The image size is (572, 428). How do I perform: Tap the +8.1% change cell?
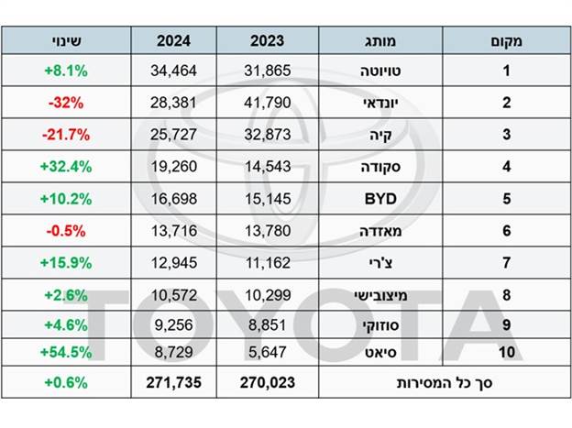[65, 70]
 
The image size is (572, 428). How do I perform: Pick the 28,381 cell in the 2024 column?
[173, 103]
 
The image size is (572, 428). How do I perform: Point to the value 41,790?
[268, 103]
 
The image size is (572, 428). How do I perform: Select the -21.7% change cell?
[65, 135]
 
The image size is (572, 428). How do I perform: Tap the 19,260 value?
[173, 166]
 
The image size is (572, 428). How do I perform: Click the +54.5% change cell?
[65, 351]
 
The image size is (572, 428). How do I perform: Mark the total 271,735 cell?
[173, 382]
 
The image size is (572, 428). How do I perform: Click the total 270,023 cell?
[268, 382]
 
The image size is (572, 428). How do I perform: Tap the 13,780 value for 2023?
[268, 228]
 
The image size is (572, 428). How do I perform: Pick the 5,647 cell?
[268, 351]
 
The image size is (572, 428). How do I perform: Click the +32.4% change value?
[65, 166]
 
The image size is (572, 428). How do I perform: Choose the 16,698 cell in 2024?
[173, 197]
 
